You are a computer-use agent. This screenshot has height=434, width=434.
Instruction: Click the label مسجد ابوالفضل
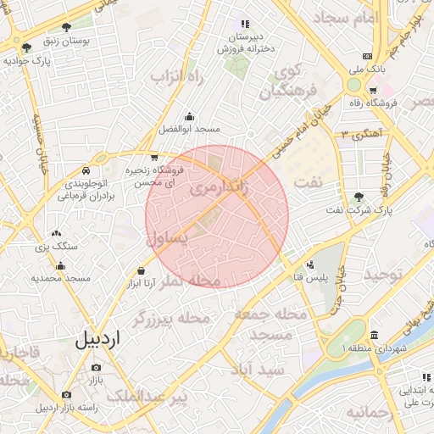tap(189, 130)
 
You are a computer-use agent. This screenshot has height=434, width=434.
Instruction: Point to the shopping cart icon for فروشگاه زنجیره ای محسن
tap(153, 157)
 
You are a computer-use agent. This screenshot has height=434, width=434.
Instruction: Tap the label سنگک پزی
tap(57, 246)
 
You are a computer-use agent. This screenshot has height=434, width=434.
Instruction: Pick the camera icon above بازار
tap(95, 368)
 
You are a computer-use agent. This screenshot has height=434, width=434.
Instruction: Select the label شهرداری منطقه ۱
tap(374, 348)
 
